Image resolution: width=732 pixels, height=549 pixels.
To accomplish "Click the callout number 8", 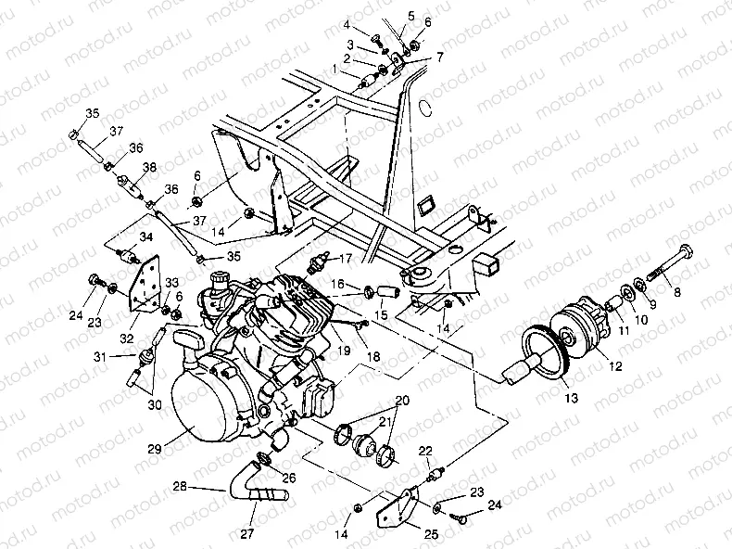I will [676, 294].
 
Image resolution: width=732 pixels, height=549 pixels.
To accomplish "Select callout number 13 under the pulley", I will [569, 398].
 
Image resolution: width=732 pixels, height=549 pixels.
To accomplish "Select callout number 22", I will [425, 451].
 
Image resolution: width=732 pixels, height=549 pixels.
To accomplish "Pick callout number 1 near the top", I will [334, 69].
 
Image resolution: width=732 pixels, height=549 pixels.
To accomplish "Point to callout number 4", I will [347, 23].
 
